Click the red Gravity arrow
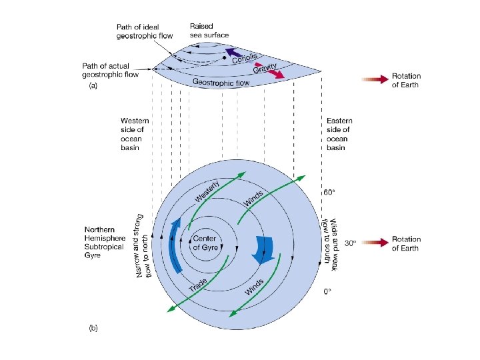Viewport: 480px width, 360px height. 275,71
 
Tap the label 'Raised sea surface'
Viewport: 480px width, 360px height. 209,30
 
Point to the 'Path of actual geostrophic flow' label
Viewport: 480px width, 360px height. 111,70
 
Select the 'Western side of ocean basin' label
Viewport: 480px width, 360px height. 135,134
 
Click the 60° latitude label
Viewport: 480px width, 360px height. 329,192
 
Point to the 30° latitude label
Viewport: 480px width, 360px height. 349,243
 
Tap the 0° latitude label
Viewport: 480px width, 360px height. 328,292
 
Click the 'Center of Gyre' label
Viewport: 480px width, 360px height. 205,243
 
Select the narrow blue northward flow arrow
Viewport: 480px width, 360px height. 177,246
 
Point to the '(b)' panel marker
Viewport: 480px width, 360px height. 94,328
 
